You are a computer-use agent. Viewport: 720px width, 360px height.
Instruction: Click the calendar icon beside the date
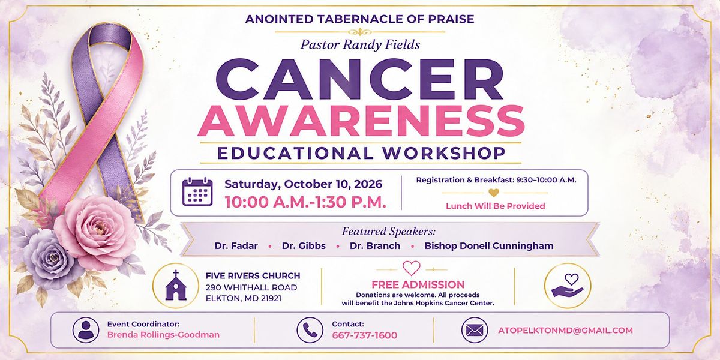197,191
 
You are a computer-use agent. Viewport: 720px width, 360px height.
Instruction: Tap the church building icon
176,286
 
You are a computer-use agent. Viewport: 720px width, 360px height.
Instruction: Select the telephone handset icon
310,330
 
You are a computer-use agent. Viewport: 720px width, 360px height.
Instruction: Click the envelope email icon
475,330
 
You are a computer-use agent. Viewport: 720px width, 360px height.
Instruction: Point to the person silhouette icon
86,330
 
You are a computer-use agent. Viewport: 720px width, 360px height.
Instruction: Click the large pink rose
97,232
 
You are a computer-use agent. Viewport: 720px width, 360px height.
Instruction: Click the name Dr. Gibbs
304,246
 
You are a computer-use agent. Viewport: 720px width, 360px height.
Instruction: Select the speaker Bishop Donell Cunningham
489,246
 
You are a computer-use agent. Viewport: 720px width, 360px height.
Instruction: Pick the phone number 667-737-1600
365,335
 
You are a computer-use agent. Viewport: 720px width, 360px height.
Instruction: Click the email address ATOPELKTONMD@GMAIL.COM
565,331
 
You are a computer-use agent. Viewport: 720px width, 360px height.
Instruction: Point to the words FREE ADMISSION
418,284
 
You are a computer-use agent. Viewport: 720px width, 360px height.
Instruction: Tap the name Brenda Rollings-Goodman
163,335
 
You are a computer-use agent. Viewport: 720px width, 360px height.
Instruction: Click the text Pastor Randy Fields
360,44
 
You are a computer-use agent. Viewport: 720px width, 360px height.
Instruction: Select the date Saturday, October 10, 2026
304,184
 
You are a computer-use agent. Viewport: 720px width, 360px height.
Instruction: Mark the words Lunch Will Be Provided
496,206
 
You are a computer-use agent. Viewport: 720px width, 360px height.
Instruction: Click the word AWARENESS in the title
361,121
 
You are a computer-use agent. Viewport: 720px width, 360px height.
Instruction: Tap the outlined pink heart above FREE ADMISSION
412,268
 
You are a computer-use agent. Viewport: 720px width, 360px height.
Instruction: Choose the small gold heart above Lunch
494,193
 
